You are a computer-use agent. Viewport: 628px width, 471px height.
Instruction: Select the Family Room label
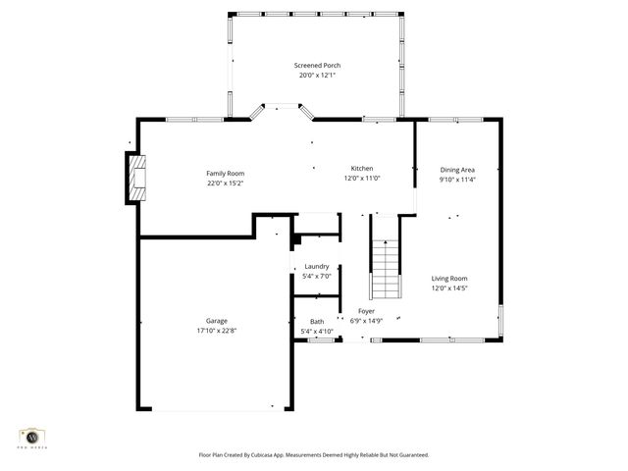(225, 173)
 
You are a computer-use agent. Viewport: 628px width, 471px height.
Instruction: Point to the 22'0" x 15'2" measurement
(225, 183)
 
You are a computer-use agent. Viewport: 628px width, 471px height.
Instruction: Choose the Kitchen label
(362, 168)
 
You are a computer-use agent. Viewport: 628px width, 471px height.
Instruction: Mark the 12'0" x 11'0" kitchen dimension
(362, 178)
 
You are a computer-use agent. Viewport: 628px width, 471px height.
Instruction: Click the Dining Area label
(456, 170)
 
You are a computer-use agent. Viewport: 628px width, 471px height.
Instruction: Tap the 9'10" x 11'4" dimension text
(456, 180)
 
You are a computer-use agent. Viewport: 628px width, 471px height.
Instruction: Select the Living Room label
(449, 279)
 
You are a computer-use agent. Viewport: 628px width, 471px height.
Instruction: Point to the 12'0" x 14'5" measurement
(449, 288)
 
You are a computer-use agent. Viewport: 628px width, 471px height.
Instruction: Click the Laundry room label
(316, 266)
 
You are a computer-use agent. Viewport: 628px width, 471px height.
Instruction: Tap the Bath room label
(317, 322)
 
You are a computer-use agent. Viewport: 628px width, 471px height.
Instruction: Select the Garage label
(217, 320)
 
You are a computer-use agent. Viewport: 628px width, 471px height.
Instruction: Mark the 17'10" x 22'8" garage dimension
(217, 330)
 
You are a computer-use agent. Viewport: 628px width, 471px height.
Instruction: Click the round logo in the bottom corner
(32, 437)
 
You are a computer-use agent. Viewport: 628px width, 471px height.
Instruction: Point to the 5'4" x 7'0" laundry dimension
(316, 276)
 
